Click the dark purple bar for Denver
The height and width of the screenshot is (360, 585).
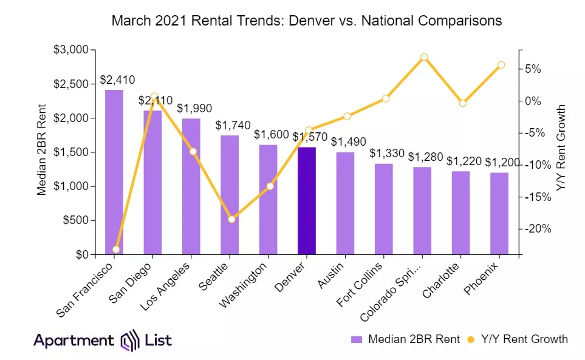307,200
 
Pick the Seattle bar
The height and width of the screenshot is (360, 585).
230,194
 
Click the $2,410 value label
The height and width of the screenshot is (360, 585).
117,80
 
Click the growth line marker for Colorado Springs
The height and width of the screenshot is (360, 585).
424,57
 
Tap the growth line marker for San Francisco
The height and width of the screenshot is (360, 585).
116,250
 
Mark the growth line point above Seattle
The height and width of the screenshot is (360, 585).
231,219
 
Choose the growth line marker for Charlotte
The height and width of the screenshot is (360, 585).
463,103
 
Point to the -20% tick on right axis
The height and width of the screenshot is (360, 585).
538,229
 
